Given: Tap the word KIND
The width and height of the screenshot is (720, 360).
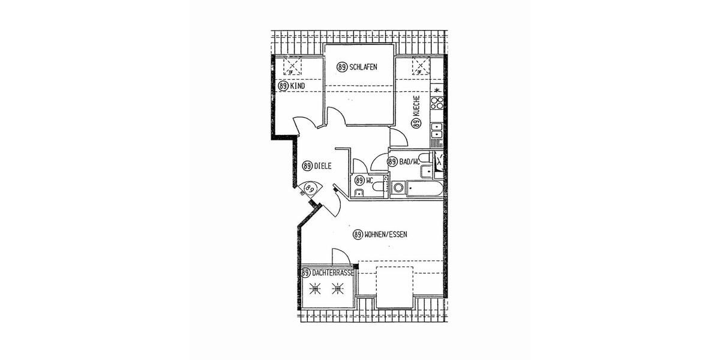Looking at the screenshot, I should coord(297,86).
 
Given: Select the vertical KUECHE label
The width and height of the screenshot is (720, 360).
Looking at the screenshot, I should coord(416,108).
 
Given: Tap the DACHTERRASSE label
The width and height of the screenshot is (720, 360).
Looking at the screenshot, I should coord(332,273).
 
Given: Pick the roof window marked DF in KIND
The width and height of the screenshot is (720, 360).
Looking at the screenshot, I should coord(292,65).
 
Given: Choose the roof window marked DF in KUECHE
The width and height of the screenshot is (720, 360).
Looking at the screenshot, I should coord(421,65).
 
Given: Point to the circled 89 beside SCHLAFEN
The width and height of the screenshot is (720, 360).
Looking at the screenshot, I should coord(342,67).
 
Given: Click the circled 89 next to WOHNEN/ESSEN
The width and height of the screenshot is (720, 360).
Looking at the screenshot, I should coord(358,235).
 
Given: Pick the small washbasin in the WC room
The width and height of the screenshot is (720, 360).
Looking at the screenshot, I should coord(358,192).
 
